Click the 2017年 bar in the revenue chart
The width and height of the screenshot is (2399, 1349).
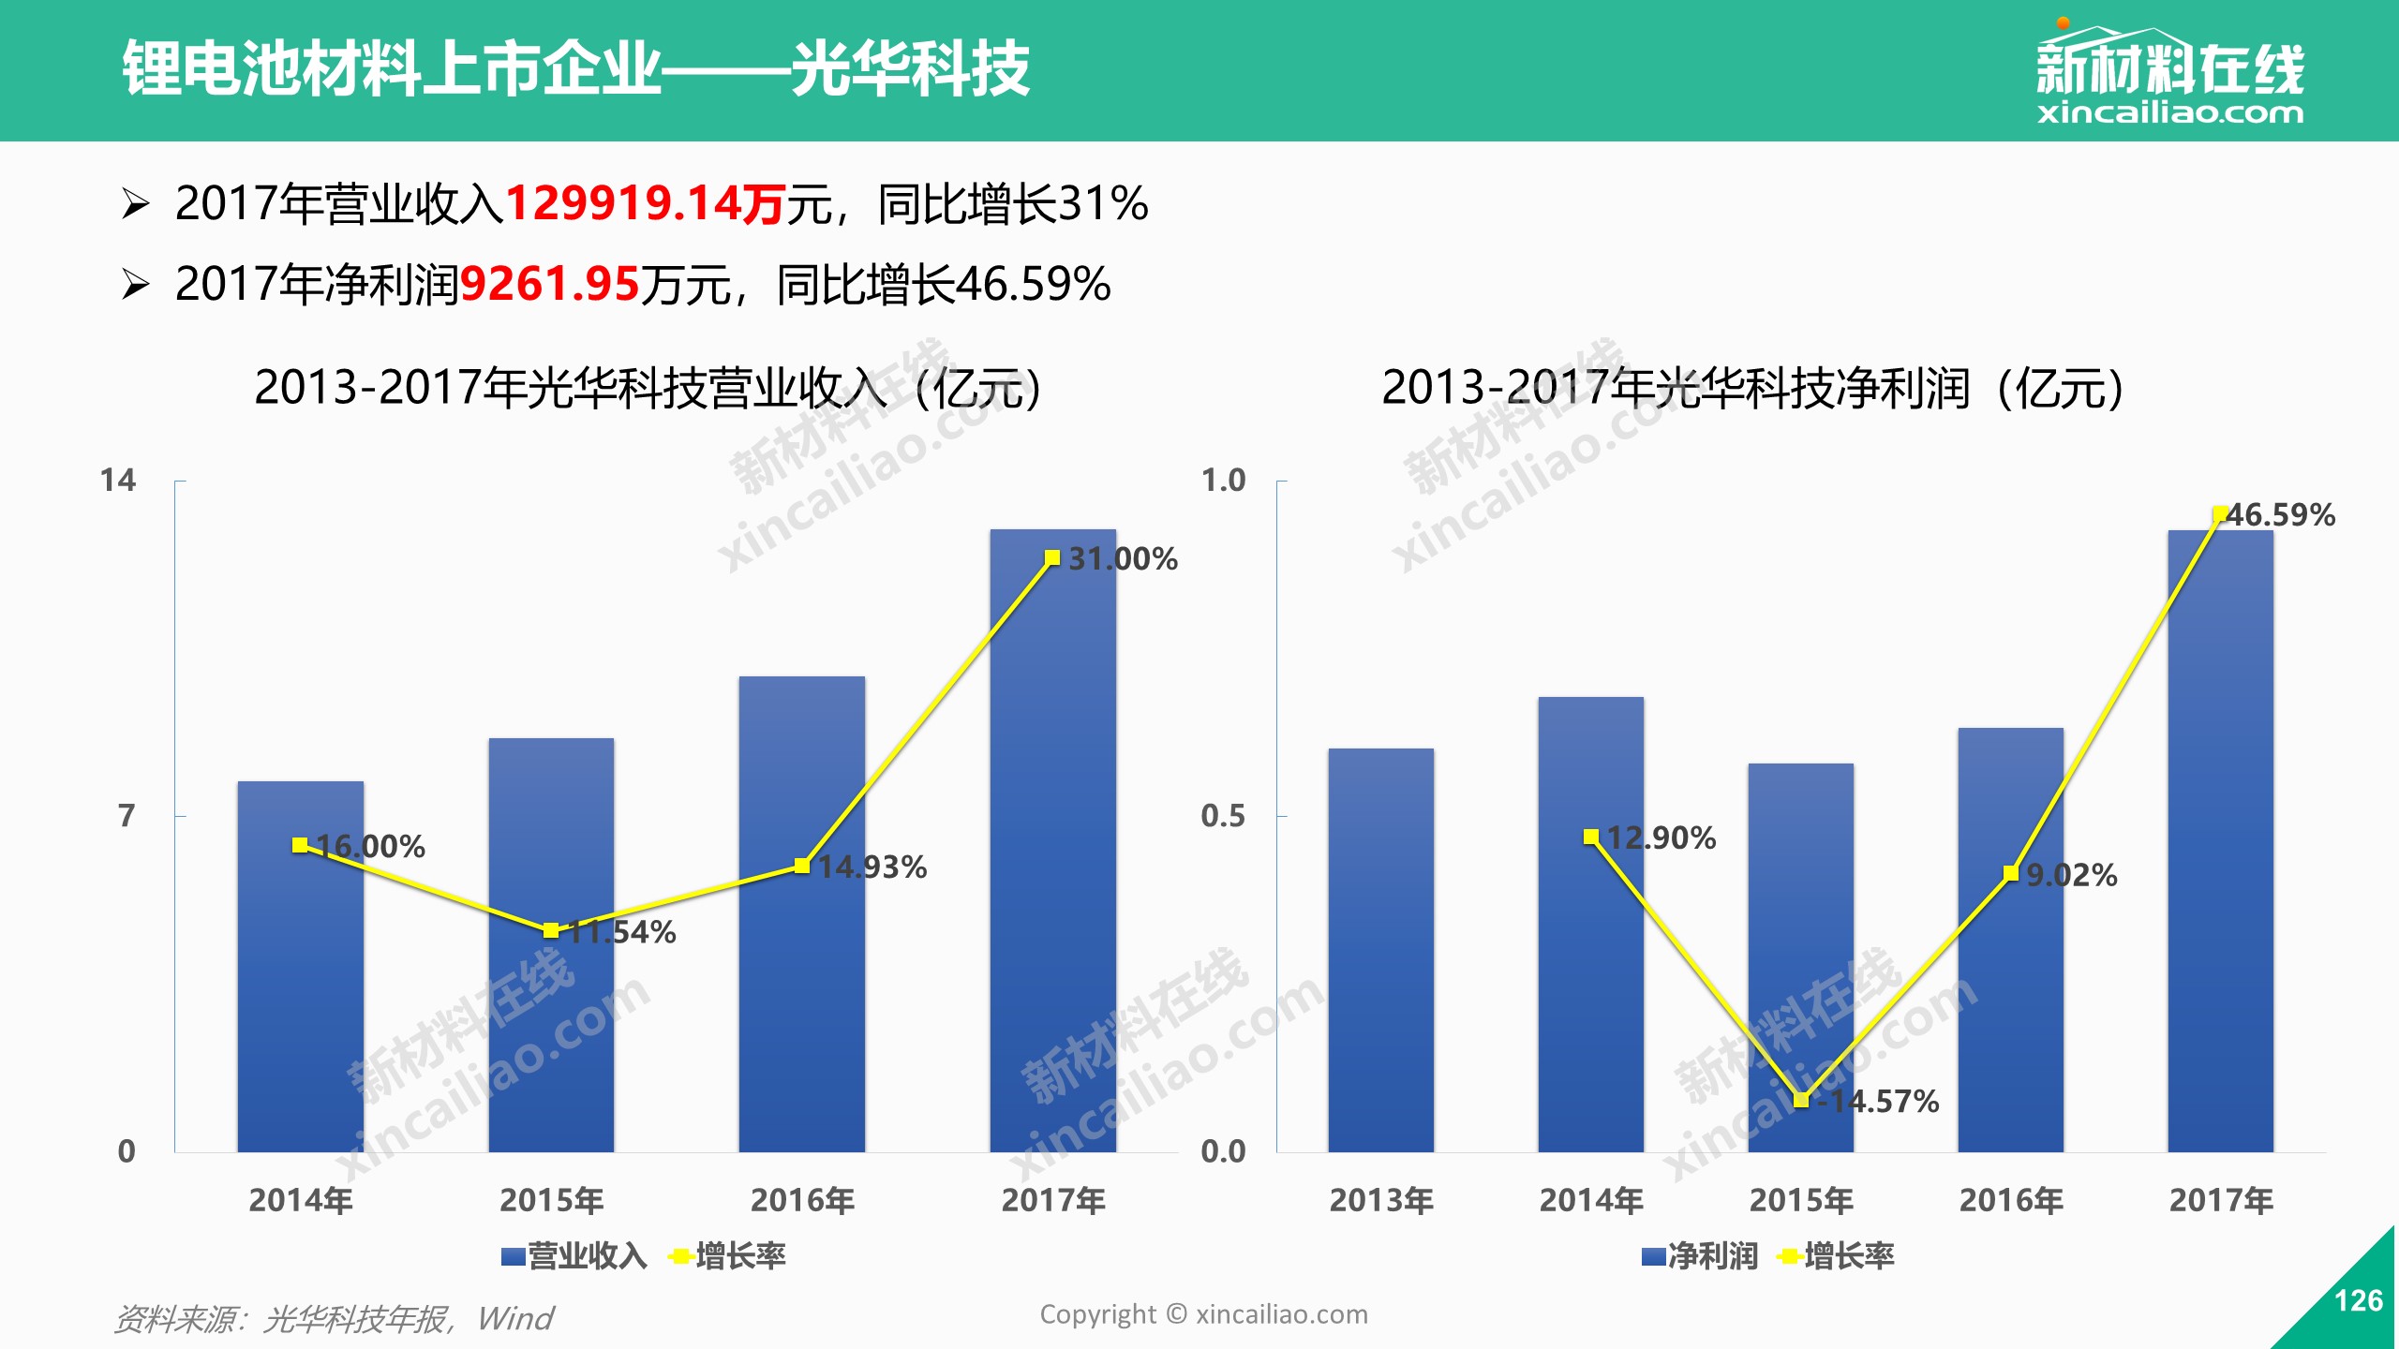(x=1052, y=840)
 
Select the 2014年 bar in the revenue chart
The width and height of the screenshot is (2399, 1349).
(x=300, y=967)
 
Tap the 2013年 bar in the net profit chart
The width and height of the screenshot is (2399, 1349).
(x=1380, y=950)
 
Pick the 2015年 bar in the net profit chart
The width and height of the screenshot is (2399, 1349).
(x=1800, y=957)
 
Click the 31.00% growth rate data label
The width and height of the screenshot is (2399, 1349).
(x=1123, y=559)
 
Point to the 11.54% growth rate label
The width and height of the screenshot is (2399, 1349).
(x=621, y=932)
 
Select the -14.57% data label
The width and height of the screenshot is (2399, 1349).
(x=1878, y=1102)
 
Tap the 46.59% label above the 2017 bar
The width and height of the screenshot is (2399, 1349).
(x=2280, y=515)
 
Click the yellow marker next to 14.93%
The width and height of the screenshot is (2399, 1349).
(x=802, y=866)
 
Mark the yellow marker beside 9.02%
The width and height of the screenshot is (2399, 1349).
(x=2011, y=873)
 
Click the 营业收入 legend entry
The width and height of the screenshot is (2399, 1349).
(x=574, y=1256)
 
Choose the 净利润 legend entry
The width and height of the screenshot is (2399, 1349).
(x=1700, y=1256)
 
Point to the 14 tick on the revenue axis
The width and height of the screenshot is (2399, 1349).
(x=118, y=481)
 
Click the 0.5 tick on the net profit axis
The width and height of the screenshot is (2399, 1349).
(x=1223, y=816)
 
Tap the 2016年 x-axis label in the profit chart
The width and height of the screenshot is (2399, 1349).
(x=2011, y=1200)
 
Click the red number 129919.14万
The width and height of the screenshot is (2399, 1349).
(x=645, y=203)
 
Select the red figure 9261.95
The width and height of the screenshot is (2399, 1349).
(x=550, y=284)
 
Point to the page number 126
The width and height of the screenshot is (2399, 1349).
(x=2359, y=1300)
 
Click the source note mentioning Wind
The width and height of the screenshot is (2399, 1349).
(x=334, y=1319)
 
